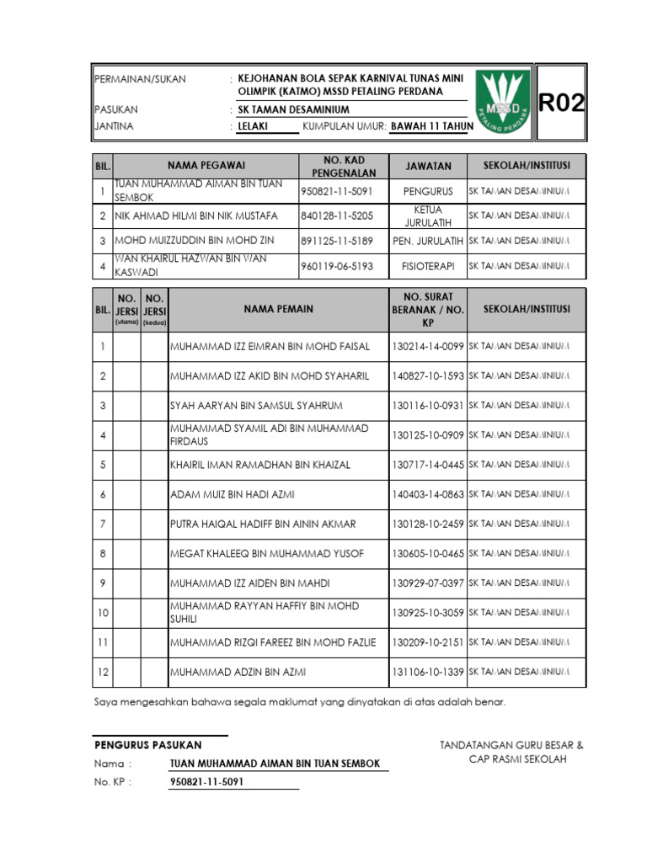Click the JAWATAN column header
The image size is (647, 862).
click(428, 167)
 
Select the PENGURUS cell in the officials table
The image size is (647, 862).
click(428, 191)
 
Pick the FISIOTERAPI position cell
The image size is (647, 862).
click(428, 266)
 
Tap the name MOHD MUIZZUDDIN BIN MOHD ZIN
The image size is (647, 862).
click(195, 241)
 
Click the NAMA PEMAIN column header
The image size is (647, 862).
click(278, 309)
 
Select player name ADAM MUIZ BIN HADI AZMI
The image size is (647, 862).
click(233, 494)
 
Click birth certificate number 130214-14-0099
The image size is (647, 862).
click(428, 346)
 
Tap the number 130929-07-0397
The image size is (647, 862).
click(428, 583)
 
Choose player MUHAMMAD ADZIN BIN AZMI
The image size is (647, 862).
click(238, 673)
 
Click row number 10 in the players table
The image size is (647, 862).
click(102, 613)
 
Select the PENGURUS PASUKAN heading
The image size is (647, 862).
click(148, 745)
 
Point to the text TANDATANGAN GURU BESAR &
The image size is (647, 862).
click(511, 745)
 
